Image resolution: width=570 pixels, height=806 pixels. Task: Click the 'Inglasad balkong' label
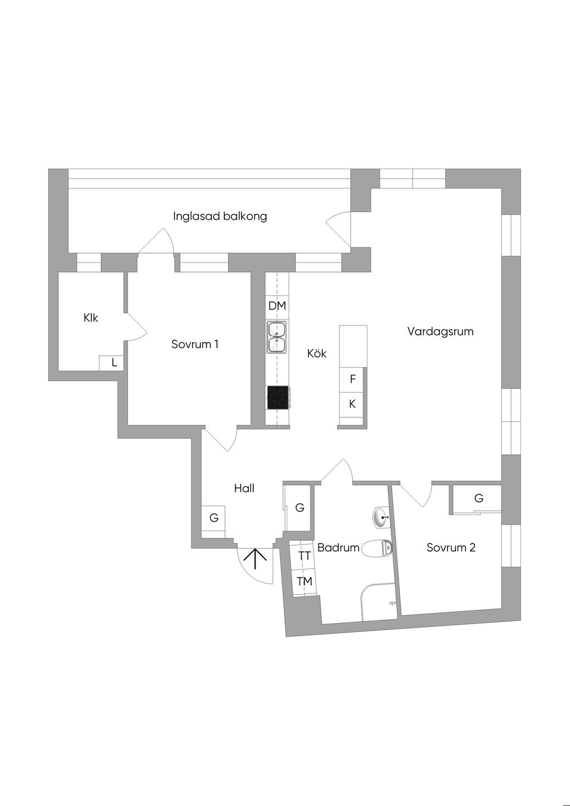(220, 216)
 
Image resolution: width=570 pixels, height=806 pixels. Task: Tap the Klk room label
(91, 318)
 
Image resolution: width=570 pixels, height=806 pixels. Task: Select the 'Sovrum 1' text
(195, 344)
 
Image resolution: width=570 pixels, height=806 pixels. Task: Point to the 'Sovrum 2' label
(451, 547)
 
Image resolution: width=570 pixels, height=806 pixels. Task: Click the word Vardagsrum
(440, 332)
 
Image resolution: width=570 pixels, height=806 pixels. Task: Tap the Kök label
(317, 353)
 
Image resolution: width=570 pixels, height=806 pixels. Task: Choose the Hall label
(244, 488)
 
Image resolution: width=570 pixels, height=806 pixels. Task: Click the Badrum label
(338, 547)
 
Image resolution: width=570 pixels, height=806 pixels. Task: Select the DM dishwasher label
(277, 306)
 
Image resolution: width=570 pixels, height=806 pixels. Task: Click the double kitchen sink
(277, 338)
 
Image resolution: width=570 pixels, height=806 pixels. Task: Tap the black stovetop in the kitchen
(278, 398)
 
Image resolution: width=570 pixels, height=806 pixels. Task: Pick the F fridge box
(352, 379)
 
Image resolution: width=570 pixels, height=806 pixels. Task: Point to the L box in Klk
(114, 363)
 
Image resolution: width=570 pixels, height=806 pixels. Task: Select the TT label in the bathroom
(304, 556)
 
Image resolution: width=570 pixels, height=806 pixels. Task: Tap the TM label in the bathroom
(304, 581)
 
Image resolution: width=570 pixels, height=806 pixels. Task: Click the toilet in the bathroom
(377, 549)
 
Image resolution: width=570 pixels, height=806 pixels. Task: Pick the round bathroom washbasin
(381, 518)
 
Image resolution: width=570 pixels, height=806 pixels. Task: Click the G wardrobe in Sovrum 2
(479, 498)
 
